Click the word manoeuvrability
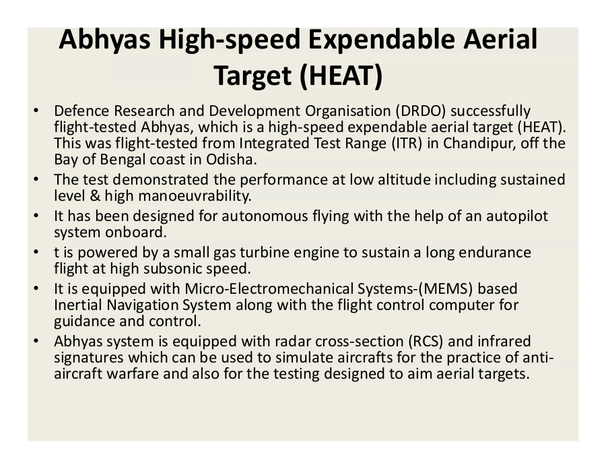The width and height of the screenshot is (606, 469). [195, 196]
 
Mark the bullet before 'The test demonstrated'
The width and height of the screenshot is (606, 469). [36, 179]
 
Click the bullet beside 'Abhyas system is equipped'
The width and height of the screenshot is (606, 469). [36, 341]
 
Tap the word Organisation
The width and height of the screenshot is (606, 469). [348, 111]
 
